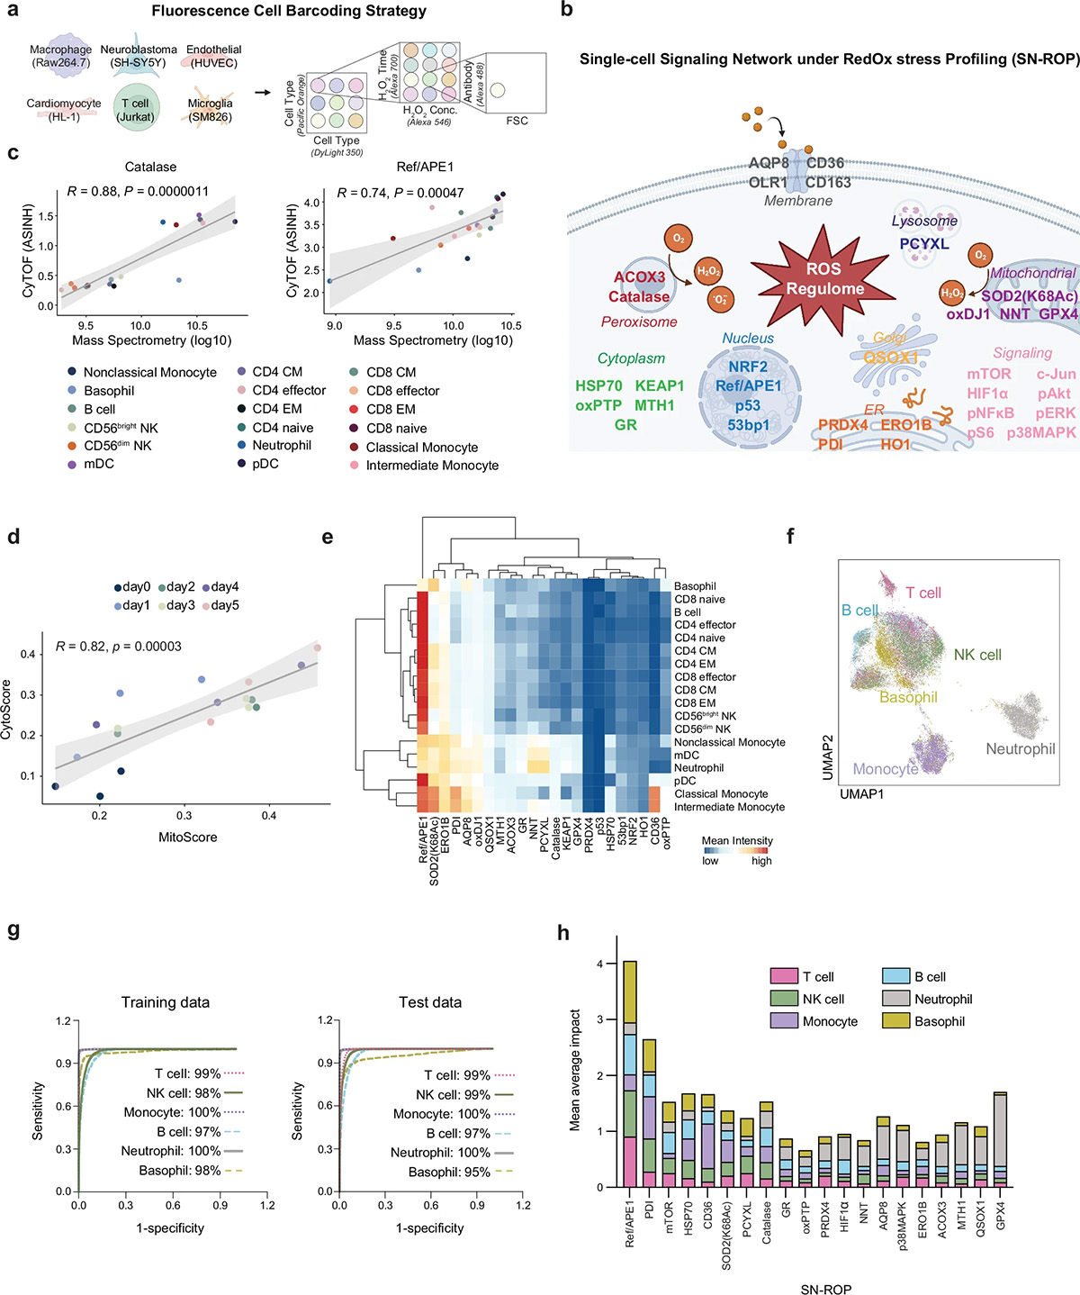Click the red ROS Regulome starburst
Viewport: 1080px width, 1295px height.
[824, 278]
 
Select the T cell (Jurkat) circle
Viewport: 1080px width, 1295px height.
[136, 110]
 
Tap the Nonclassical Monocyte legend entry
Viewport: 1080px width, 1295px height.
[149, 372]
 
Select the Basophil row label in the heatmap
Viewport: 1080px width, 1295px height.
[695, 586]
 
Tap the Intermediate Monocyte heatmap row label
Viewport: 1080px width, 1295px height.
[729, 807]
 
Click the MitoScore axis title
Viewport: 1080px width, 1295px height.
[187, 838]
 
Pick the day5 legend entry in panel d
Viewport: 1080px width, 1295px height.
[225, 605]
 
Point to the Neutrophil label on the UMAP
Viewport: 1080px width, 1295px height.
[1020, 749]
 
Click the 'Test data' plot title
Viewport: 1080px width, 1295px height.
[430, 1002]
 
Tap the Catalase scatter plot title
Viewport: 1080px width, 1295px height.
[150, 167]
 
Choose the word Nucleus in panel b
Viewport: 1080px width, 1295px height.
[748, 339]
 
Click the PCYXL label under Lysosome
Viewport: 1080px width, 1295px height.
[924, 243]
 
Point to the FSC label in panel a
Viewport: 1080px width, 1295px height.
[517, 121]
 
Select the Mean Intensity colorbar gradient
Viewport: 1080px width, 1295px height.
[736, 849]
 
